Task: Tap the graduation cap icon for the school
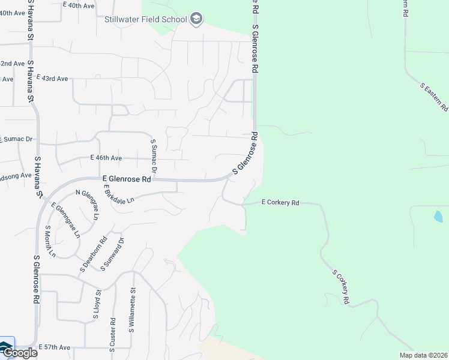point(196,20)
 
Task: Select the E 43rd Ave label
point(53,78)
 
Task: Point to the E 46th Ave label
point(106,158)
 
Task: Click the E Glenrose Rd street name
point(127,179)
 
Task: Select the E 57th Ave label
point(55,347)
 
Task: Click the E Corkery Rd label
point(280,203)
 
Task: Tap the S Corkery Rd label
point(340,287)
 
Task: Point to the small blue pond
point(438,216)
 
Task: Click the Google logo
point(19,353)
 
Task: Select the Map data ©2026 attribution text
point(423,355)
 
